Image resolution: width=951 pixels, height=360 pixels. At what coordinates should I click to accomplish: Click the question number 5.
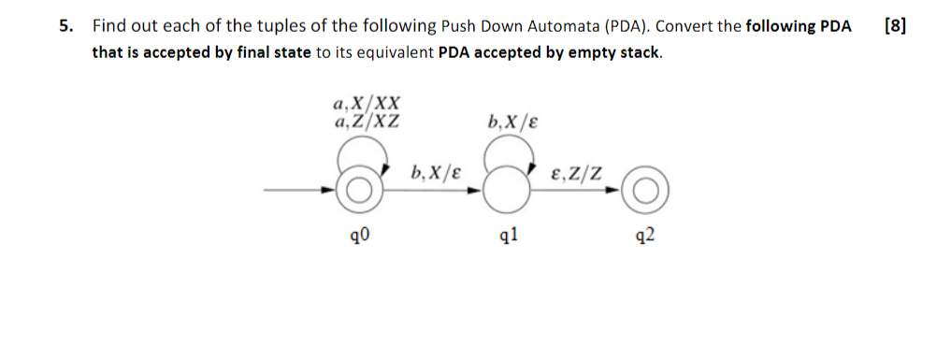tap(65, 26)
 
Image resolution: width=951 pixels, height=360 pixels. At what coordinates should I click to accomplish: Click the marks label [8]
tap(894, 25)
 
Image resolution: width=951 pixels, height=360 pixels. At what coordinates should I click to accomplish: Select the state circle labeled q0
tap(360, 192)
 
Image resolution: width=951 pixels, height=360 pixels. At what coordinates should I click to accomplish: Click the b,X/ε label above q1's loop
tap(512, 121)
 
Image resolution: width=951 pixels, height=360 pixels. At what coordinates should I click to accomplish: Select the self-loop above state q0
tap(361, 152)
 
